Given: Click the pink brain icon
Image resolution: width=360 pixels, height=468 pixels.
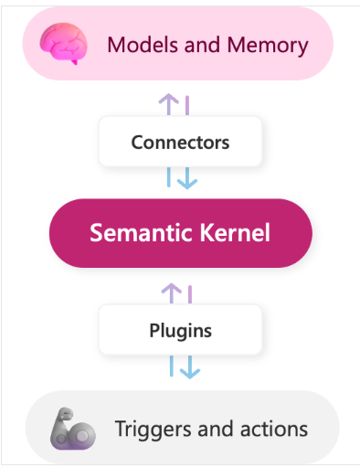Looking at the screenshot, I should (63, 43).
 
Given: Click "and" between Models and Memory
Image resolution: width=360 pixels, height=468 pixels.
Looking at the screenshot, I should (196, 44).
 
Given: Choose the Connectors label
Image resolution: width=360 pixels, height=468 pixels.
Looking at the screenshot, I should (180, 143).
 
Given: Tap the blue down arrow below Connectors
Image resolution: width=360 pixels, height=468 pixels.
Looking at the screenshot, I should (188, 178).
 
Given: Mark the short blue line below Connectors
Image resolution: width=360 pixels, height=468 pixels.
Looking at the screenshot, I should (170, 177).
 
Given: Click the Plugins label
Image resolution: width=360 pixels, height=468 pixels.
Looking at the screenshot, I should (180, 330).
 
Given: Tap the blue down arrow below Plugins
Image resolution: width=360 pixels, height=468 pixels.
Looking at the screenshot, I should (188, 367).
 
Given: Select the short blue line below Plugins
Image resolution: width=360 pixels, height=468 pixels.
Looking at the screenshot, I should (170, 366).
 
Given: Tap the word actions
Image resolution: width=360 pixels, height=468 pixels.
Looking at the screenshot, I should (271, 429).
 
